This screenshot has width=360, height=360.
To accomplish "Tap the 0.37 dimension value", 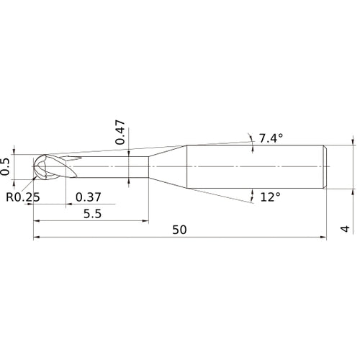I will (88, 197).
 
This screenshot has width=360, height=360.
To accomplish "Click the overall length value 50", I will (180, 230).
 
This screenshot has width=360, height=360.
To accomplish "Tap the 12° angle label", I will (271, 197).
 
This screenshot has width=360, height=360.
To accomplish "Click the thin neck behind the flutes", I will (115, 167).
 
